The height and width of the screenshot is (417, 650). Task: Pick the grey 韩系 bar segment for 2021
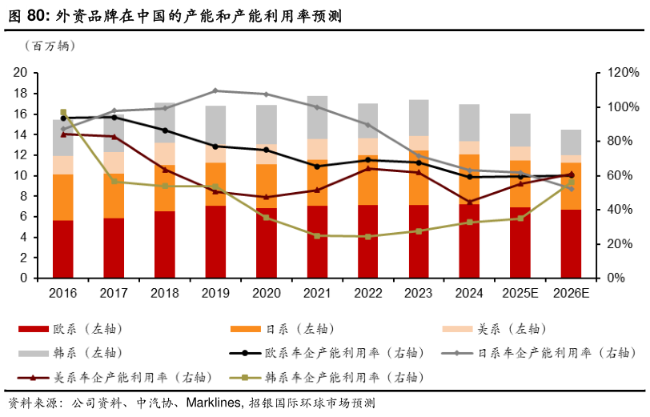[x=317, y=117]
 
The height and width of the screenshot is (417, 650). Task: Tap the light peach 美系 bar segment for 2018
[x=165, y=153]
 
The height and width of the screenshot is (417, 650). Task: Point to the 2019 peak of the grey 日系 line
[x=215, y=90]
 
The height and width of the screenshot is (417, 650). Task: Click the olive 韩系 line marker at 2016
[x=63, y=113]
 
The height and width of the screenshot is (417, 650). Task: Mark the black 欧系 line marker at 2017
[x=114, y=118]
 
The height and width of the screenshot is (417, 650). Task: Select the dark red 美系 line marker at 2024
[x=469, y=202]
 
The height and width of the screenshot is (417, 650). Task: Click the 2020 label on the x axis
[x=266, y=294]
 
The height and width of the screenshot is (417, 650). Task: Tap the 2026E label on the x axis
[x=570, y=294]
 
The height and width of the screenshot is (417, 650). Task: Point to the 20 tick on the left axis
[x=22, y=73]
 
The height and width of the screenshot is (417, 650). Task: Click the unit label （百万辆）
[x=50, y=46]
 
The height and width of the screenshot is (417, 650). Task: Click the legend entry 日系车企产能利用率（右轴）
[x=552, y=353]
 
